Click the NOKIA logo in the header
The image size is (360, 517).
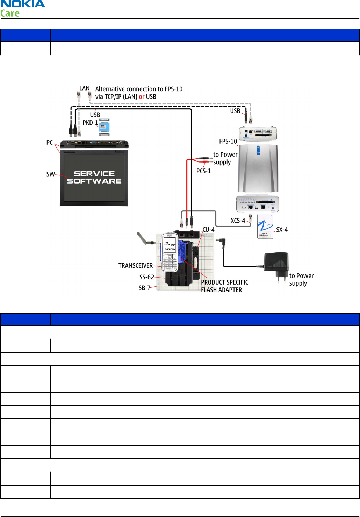click(x=23, y=4)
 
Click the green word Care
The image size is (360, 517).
click(x=10, y=13)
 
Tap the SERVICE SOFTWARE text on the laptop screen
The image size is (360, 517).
click(x=94, y=177)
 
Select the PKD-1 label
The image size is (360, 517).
click(x=90, y=123)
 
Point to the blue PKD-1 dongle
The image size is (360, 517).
click(x=104, y=127)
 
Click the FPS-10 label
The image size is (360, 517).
click(x=228, y=141)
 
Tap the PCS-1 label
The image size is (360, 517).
click(x=203, y=171)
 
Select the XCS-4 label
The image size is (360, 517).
click(x=238, y=221)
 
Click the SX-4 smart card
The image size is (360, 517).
click(x=265, y=226)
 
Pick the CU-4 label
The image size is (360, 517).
click(x=208, y=230)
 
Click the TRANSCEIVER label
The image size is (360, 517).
click(x=136, y=266)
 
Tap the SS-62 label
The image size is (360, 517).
click(x=146, y=277)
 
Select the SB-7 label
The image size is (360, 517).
click(x=144, y=288)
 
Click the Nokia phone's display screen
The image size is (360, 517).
click(x=170, y=244)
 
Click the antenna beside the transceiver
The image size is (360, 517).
click(x=145, y=239)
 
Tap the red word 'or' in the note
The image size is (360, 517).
click(x=142, y=97)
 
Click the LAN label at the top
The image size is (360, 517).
click(x=84, y=88)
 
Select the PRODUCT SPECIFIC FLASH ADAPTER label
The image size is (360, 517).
click(x=224, y=286)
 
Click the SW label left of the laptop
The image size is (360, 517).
click(x=51, y=174)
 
